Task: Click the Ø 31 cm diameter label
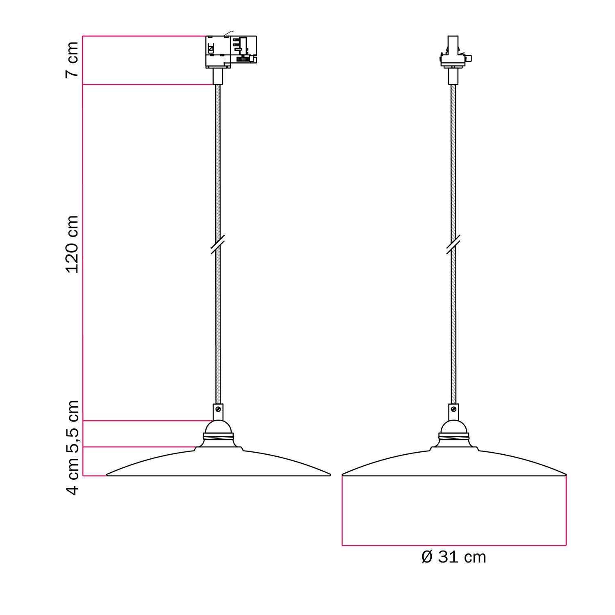tap(454, 557)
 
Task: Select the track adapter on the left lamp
tap(231, 51)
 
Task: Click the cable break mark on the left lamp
tap(218, 245)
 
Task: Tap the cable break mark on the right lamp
tap(453, 245)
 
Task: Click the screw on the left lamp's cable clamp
tap(218, 409)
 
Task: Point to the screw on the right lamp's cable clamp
tap(453, 409)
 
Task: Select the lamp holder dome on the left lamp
tap(218, 427)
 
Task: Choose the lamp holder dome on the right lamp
tap(453, 427)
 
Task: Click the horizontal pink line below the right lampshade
tap(454, 545)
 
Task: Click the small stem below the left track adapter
tap(218, 76)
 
